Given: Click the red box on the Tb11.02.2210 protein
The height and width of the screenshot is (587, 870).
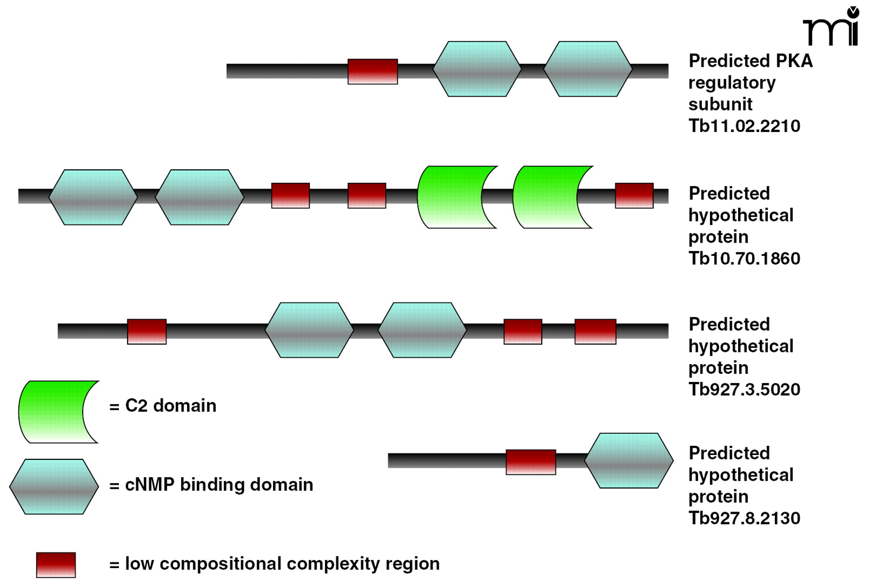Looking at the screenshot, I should coord(373,72).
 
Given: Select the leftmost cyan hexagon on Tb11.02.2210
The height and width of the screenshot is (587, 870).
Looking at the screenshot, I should coord(477,69).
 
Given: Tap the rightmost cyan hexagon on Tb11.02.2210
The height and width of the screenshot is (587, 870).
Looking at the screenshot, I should coord(588,69).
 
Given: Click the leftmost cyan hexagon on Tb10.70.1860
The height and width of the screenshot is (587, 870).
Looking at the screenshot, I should coord(93,197).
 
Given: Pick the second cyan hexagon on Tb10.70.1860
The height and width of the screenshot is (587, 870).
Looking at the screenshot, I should coord(199,197).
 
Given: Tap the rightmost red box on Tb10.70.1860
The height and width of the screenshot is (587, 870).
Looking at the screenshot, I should coord(634,195).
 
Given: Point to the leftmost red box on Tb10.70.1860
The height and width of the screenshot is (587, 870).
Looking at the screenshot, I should coord(290,195).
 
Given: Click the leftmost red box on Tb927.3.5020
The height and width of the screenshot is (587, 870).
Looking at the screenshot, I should coord(147,332).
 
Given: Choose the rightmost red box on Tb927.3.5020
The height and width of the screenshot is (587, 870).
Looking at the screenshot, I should coord(595,332).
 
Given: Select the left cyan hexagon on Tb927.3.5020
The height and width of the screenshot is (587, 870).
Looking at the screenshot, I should coord(309,330).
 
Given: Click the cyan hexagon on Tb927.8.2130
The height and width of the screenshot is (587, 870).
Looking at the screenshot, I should coord(629,461).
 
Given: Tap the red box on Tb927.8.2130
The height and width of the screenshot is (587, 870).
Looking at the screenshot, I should coord(531,462).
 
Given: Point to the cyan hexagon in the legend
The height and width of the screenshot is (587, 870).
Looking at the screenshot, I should coord(54,486).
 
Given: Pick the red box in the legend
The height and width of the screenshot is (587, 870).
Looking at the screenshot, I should coord(56,565).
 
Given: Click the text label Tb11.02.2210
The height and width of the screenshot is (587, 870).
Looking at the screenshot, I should coord(744,126).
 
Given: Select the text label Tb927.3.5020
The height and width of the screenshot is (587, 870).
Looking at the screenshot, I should coord(744,390).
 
